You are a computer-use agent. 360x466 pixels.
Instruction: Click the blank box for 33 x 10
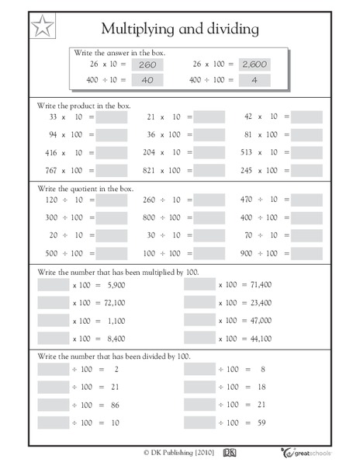112,116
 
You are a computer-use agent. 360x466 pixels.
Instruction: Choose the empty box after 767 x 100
112,169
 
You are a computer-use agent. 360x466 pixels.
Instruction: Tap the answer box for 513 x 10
306,152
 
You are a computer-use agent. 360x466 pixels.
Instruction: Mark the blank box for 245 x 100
306,169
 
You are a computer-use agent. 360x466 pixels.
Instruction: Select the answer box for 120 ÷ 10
112,200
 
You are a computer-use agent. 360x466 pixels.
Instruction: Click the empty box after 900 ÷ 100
306,253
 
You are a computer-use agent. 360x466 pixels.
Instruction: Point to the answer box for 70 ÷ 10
306,235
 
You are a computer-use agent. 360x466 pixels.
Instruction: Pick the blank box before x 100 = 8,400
54,339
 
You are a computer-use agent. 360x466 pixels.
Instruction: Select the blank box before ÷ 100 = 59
200,423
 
